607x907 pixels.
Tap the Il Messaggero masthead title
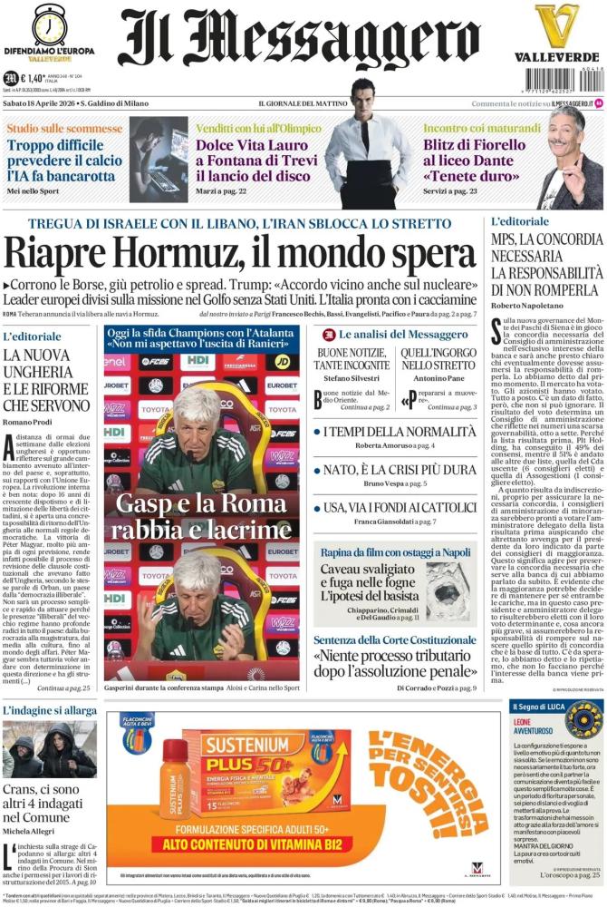point(299,41)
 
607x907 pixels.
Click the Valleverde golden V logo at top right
point(556,27)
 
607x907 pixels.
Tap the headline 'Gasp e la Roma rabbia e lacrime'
point(201,517)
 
